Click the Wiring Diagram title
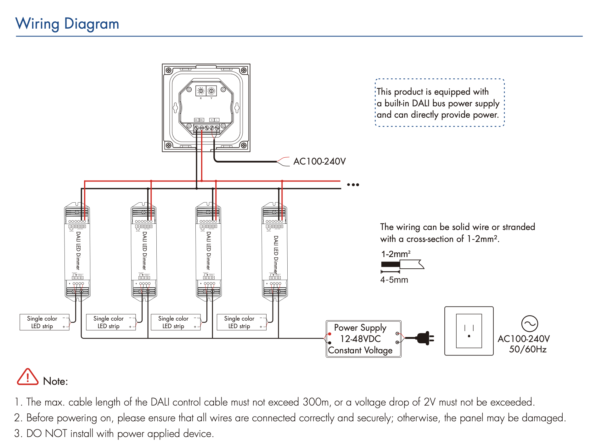click(x=67, y=24)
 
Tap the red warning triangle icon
click(x=27, y=377)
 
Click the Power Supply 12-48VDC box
click(x=363, y=339)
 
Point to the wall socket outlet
click(x=469, y=331)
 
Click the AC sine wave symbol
click(x=530, y=323)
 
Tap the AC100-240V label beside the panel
click(x=319, y=161)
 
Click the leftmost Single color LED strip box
click(x=44, y=322)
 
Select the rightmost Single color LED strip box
click(x=241, y=322)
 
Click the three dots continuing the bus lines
click(x=353, y=185)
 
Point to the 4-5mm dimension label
click(x=394, y=280)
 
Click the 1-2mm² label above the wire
click(x=396, y=254)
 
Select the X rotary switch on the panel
click(x=201, y=91)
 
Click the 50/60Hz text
click(x=527, y=349)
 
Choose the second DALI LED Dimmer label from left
click(x=144, y=250)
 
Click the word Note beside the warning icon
click(x=55, y=381)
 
